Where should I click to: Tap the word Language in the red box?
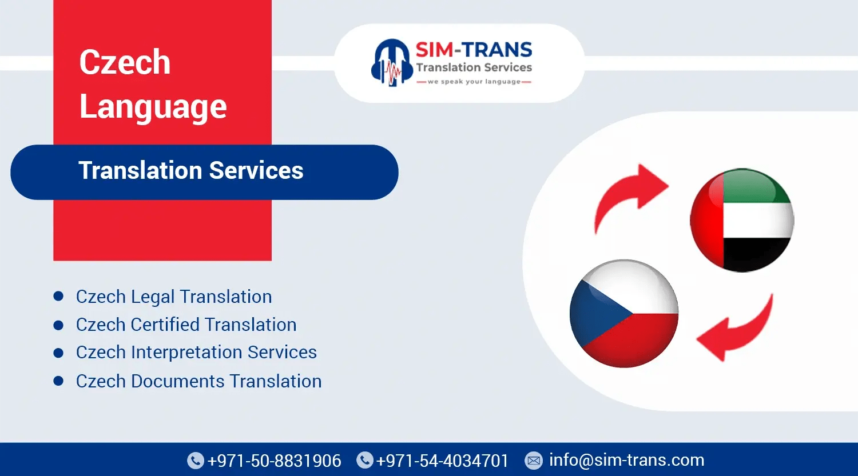tap(153, 107)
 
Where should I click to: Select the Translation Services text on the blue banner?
tap(191, 171)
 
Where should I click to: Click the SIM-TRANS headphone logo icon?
tap(392, 63)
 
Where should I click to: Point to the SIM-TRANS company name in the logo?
tap(474, 50)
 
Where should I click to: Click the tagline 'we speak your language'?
tap(474, 82)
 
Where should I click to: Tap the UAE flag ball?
tap(742, 220)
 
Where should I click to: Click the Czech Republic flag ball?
tap(624, 313)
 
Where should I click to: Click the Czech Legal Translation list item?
tap(174, 297)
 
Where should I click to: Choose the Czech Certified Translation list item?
tap(186, 325)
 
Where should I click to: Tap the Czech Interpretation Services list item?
tap(196, 353)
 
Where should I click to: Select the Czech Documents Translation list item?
tap(198, 381)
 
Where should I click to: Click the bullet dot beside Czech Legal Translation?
tap(58, 296)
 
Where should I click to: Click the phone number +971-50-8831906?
tap(274, 461)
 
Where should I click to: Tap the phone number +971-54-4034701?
tap(442, 461)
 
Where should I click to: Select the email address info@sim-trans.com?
tap(626, 460)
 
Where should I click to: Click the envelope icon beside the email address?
tap(534, 461)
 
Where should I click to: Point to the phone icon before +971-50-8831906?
tap(196, 461)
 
